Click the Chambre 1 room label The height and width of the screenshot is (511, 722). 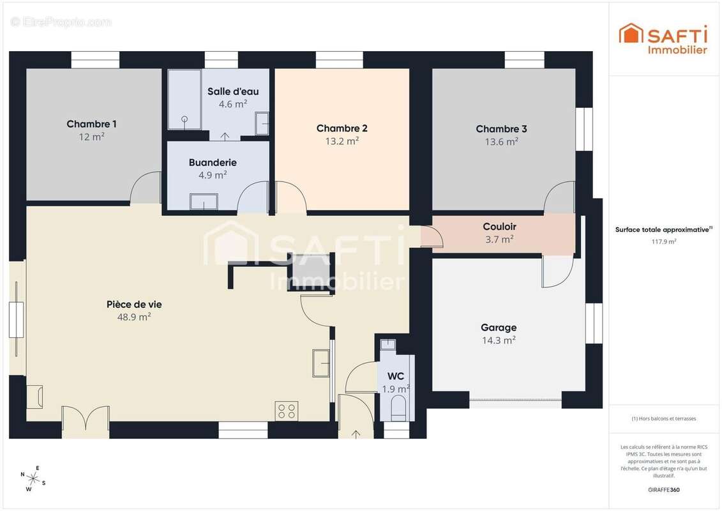click(x=92, y=124)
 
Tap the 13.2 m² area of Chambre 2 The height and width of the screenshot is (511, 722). click(x=342, y=141)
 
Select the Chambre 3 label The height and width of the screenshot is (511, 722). click(x=501, y=129)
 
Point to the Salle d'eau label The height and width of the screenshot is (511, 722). click(x=233, y=92)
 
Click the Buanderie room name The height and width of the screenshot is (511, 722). click(x=213, y=163)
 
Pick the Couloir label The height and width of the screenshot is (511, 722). click(x=500, y=227)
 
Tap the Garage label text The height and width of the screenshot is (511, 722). click(x=499, y=328)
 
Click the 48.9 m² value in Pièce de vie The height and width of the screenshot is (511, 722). click(x=134, y=317)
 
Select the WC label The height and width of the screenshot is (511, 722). click(x=396, y=376)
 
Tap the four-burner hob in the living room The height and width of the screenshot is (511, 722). click(x=287, y=411)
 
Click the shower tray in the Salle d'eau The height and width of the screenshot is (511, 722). click(x=184, y=100)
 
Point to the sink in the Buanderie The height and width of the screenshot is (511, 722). click(x=204, y=202)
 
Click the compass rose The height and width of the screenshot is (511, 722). click(x=33, y=479)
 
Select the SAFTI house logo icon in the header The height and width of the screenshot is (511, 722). click(x=630, y=33)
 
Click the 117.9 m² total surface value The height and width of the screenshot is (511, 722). click(x=663, y=241)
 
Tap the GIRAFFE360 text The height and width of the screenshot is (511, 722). click(x=663, y=490)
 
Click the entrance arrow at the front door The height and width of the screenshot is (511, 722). click(x=356, y=434)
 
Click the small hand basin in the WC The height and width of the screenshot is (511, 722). click(x=388, y=344)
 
